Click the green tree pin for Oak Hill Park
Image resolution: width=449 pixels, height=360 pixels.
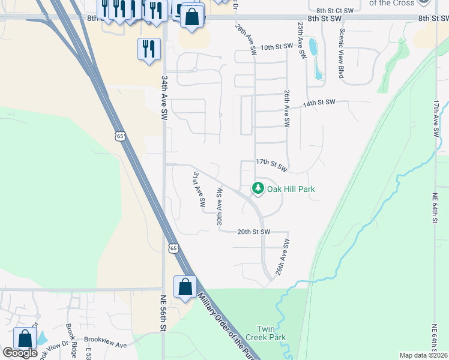tap(258, 188)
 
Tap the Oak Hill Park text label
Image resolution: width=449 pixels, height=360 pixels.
tap(291, 189)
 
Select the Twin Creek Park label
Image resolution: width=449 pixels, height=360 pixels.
tap(271, 333)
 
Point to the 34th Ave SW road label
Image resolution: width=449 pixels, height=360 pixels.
tap(163, 97)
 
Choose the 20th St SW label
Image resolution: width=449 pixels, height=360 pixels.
tap(253, 232)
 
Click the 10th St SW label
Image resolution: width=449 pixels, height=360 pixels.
tap(276, 46)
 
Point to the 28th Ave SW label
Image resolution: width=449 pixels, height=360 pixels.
tap(247, 38)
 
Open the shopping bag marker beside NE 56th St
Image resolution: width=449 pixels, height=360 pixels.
tap(185, 287)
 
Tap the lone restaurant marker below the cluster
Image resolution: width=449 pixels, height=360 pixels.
tap(148, 49)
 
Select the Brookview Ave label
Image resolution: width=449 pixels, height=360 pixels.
tap(105, 346)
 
